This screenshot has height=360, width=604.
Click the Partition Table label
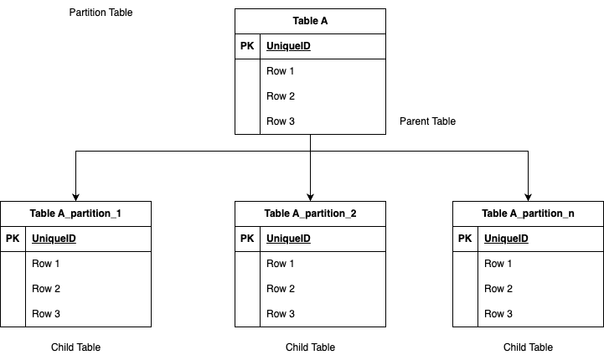click(101, 13)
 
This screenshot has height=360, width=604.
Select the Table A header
click(310, 21)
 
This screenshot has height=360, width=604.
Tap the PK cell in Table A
click(247, 46)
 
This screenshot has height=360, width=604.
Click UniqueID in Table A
click(288, 46)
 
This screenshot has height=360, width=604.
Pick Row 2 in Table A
click(281, 96)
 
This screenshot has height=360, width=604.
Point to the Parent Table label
click(427, 121)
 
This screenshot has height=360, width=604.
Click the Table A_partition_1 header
click(75, 213)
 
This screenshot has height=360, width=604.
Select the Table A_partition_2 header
click(310, 213)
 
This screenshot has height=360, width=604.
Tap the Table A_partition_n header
click(528, 213)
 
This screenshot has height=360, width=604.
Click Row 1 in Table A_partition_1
click(46, 264)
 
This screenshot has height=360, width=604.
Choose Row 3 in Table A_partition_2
click(281, 314)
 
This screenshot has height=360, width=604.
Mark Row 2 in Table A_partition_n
click(498, 289)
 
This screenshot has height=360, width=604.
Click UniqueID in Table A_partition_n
click(506, 239)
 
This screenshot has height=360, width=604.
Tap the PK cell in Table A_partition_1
click(13, 239)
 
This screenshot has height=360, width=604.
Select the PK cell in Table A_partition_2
click(247, 239)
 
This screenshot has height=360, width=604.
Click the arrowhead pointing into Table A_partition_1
click(75, 196)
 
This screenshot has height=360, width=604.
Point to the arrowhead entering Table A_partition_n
click(528, 196)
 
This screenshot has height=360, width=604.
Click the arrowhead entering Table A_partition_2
click(310, 196)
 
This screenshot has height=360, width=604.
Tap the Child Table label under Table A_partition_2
click(310, 347)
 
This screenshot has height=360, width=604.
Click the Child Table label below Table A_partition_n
click(528, 347)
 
